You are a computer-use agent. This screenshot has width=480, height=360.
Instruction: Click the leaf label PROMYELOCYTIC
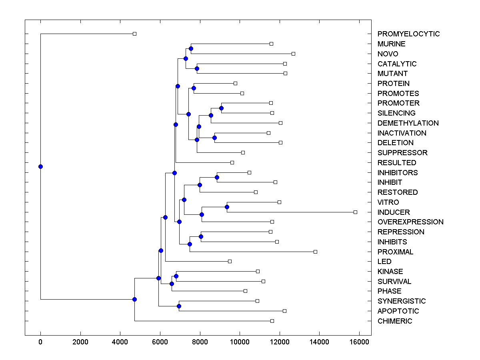(408, 34)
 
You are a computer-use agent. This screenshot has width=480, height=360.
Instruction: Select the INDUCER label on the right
(394, 212)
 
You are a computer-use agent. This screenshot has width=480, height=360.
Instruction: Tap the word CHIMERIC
(394, 321)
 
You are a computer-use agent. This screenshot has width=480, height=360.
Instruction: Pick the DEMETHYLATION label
(408, 123)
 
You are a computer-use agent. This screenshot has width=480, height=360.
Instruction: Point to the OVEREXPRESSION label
(410, 222)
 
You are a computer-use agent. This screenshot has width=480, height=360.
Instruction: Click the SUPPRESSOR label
(402, 153)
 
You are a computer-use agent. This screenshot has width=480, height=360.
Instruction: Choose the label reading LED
(384, 262)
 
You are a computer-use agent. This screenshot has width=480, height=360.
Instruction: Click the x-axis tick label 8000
(200, 342)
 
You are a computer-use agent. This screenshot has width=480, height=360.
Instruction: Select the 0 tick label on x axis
(40, 342)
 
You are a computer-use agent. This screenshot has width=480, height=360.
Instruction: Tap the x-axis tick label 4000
(120, 342)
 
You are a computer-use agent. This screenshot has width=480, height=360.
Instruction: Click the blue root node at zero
(40, 166)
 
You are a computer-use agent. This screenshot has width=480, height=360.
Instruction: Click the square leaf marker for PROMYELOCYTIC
(134, 34)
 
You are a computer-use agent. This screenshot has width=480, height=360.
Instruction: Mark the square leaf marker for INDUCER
(355, 212)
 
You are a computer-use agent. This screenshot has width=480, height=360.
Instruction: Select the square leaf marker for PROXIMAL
(315, 252)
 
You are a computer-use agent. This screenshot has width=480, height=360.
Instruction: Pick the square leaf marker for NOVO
(293, 54)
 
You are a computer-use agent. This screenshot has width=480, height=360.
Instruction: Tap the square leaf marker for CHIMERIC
(272, 321)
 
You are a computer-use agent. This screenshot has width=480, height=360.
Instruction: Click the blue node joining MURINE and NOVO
(191, 48)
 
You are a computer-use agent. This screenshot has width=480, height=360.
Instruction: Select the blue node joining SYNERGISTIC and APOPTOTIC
(179, 306)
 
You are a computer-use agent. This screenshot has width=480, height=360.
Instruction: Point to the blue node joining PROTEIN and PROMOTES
(194, 88)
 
